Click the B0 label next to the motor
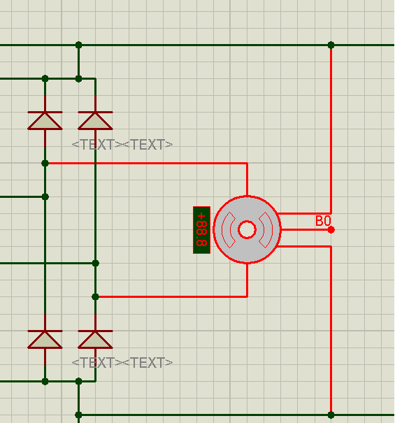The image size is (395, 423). pos(323,221)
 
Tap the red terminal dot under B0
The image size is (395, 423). pos(331,230)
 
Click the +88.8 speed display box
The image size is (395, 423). pos(201,230)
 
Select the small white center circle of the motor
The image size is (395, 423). pos(247,229)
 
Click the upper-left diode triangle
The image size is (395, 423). pos(45,121)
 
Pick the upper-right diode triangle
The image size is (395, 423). pos(95,121)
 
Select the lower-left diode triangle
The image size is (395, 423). pos(45,340)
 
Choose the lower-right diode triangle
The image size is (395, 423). pos(95,340)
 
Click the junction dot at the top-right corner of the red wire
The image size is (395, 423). pos(331,45)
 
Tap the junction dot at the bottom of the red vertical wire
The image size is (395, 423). pos(331,415)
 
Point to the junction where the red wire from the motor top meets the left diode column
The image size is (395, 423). pos(45,163)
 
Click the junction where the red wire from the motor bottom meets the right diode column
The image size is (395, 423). pos(95,296)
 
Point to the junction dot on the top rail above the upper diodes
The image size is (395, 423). pos(78,45)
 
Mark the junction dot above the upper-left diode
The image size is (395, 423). pos(45,79)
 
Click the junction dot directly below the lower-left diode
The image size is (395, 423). pos(45,382)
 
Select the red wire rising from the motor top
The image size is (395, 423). pos(247,180)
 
